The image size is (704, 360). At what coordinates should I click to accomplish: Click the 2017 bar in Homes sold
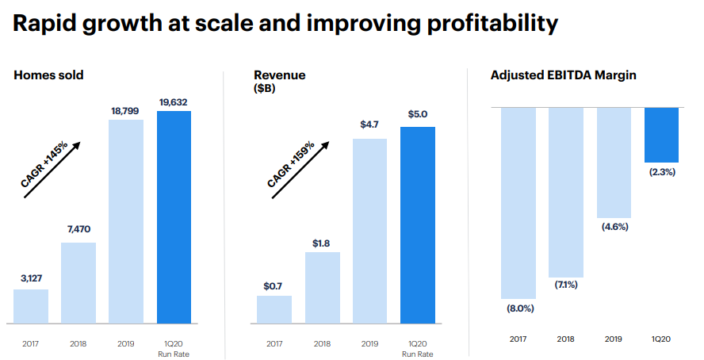click(31, 306)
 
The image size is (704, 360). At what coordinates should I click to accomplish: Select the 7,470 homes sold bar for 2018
click(78, 282)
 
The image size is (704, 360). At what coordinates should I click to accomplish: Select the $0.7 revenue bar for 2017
click(274, 309)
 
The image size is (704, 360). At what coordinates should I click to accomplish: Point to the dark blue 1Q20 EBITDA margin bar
click(661, 134)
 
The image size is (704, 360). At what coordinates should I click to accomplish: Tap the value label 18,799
click(126, 111)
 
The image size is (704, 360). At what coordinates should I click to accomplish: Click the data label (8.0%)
click(520, 308)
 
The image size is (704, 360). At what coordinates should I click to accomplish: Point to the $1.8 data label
click(322, 243)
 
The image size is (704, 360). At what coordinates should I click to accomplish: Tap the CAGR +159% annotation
click(291, 164)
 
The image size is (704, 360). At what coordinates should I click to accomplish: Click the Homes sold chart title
click(48, 75)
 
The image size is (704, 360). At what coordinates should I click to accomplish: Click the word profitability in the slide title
click(476, 24)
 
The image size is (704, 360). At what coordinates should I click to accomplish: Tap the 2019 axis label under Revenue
click(369, 344)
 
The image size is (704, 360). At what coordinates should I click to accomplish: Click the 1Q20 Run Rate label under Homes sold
click(174, 349)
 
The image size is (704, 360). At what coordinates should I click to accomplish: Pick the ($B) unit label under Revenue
click(265, 90)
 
